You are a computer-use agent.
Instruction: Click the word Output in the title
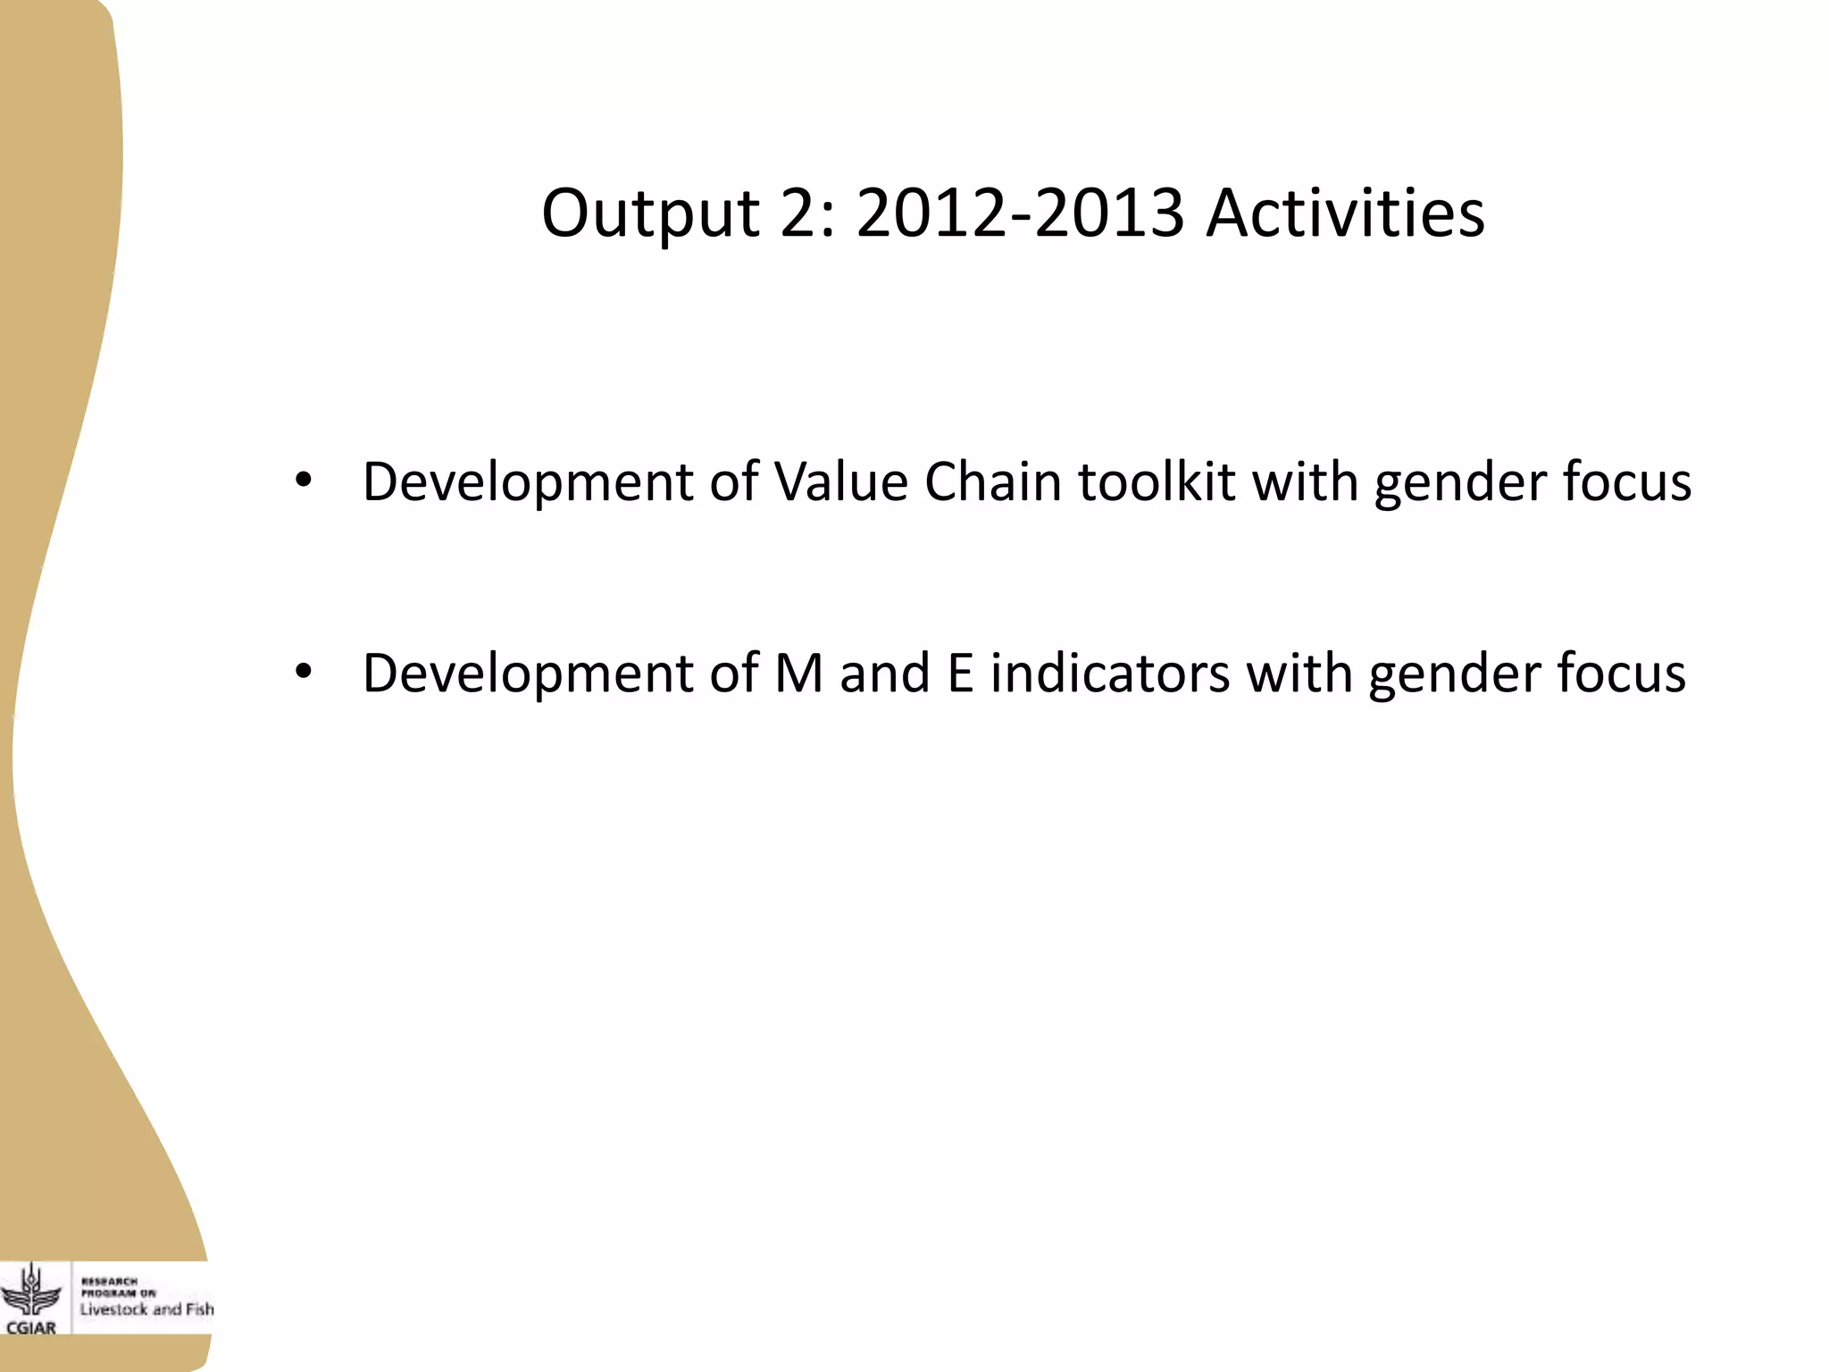pyautogui.click(x=650, y=213)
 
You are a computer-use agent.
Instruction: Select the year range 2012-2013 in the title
pyautogui.click(x=1020, y=213)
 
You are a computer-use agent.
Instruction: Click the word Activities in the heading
pyautogui.click(x=1345, y=213)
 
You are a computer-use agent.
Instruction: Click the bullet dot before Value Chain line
pyautogui.click(x=304, y=481)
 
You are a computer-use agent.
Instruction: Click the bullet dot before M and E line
pyautogui.click(x=304, y=672)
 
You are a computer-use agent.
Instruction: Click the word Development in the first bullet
pyautogui.click(x=528, y=481)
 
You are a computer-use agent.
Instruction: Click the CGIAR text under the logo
pyautogui.click(x=31, y=1327)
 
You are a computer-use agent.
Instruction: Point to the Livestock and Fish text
pyautogui.click(x=146, y=1309)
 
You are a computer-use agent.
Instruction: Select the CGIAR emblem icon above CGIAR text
pyautogui.click(x=32, y=1290)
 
